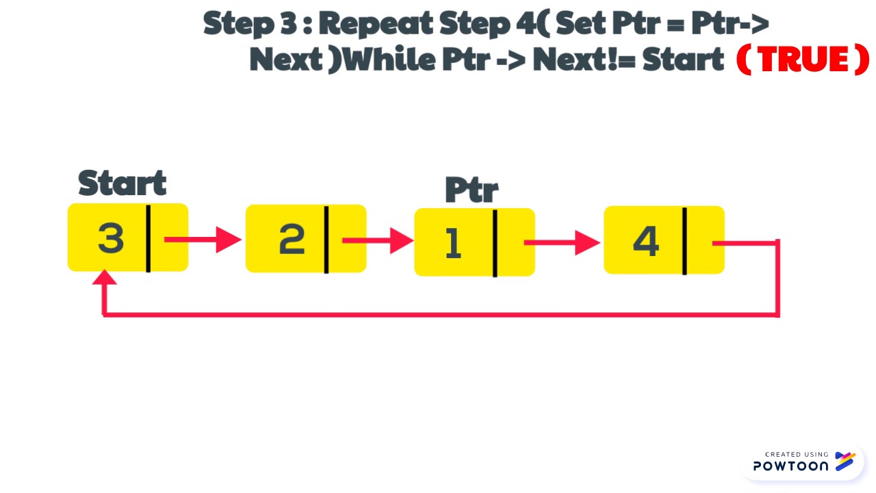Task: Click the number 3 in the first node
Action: click(111, 238)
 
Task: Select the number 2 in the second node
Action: click(292, 239)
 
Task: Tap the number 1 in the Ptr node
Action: click(452, 242)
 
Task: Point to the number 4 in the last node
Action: click(645, 241)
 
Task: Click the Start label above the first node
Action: click(122, 184)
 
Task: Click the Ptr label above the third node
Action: click(472, 190)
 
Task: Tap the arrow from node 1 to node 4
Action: click(562, 242)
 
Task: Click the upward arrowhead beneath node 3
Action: click(104, 278)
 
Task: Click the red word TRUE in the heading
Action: click(802, 60)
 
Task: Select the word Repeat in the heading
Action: click(376, 24)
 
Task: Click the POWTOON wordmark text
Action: click(790, 466)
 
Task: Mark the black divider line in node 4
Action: click(684, 241)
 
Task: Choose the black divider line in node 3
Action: click(148, 238)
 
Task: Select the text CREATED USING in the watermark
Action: click(797, 454)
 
